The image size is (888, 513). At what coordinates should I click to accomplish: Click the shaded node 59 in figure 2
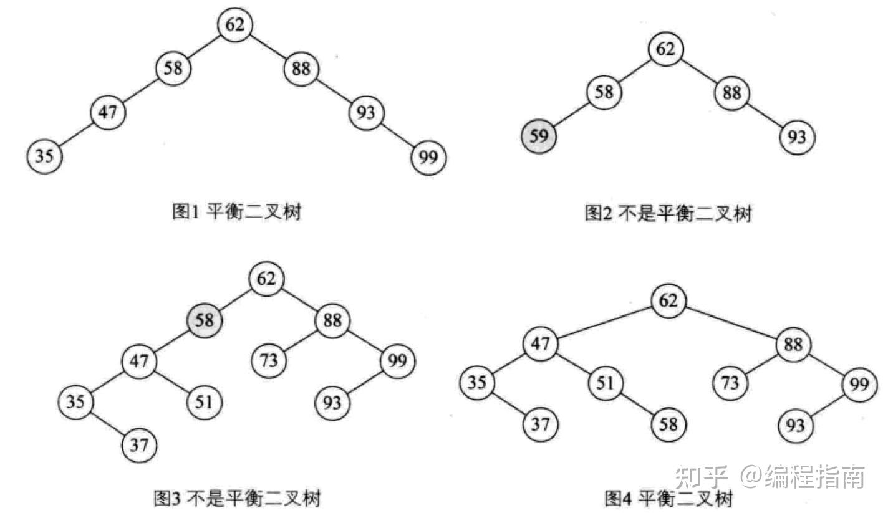click(x=539, y=136)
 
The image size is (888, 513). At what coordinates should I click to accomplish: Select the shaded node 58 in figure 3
click(x=205, y=321)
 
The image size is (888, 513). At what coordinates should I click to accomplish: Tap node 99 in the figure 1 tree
click(x=429, y=158)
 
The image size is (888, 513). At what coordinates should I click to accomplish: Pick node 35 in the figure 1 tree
click(x=44, y=156)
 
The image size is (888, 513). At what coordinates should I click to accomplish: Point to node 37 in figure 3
click(x=140, y=445)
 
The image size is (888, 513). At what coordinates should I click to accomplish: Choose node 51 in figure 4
click(x=605, y=383)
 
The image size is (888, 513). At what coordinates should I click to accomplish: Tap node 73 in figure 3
click(x=269, y=361)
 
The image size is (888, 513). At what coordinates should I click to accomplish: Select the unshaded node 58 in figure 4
click(x=668, y=425)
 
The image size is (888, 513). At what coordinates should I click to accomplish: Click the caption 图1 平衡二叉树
click(x=236, y=213)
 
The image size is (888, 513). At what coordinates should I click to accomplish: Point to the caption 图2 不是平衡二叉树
click(x=668, y=214)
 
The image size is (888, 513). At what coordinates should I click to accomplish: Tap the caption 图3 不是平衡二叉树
click(x=237, y=499)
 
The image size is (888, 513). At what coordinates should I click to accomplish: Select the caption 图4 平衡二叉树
click(x=668, y=499)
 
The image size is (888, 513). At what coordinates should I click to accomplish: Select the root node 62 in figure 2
click(x=665, y=49)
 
